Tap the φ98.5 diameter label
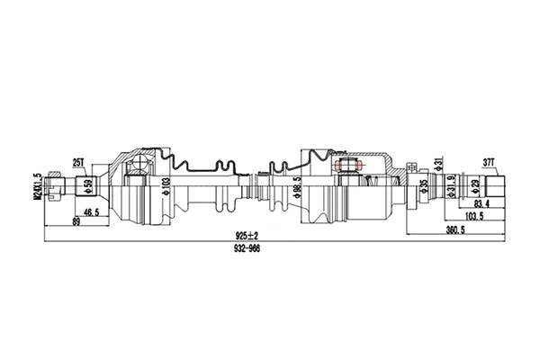pyautogui.click(x=295, y=190)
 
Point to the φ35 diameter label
pyautogui.click(x=424, y=189)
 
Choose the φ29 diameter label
pyautogui.click(x=475, y=189)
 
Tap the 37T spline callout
pyautogui.click(x=490, y=163)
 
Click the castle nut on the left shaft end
pyautogui.click(x=56, y=187)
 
